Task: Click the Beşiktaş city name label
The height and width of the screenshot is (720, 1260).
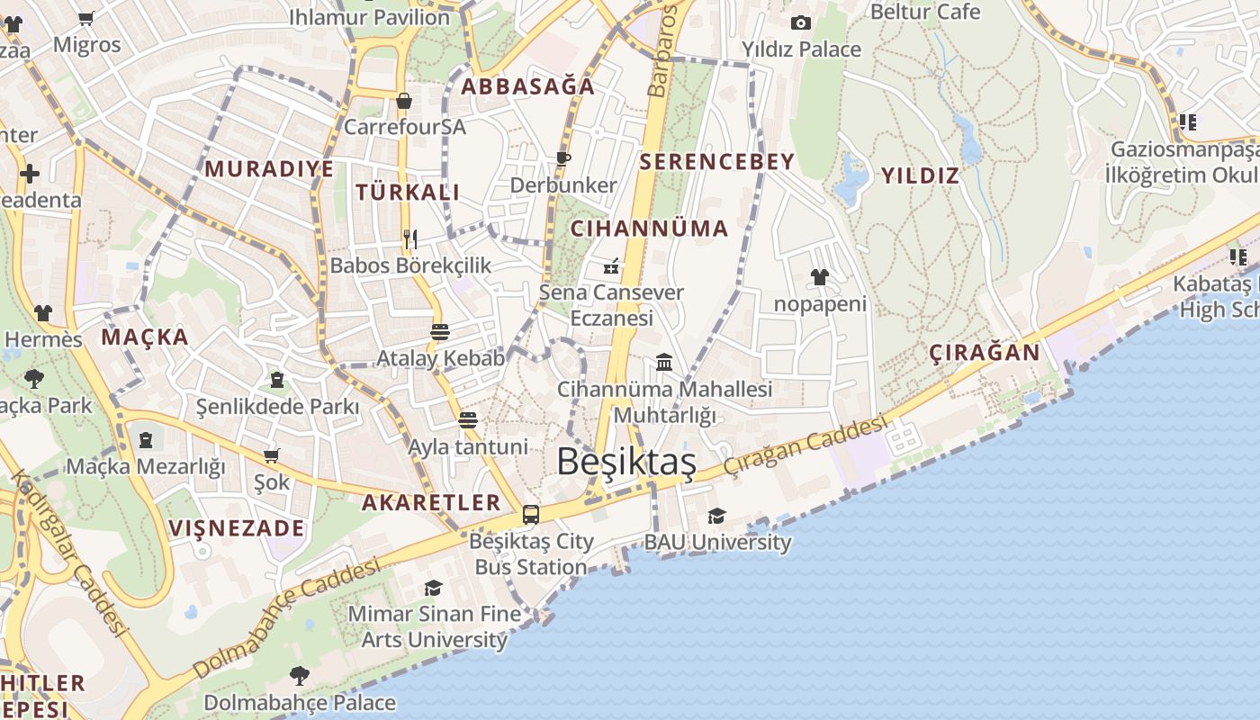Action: click(626, 462)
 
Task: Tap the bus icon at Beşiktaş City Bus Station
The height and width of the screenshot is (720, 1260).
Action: click(531, 515)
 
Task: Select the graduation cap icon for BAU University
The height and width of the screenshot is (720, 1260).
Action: click(716, 516)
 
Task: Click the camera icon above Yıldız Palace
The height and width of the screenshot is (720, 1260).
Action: click(801, 22)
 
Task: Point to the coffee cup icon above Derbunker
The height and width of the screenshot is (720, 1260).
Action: click(562, 158)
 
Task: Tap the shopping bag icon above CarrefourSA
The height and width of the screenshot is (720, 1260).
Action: click(404, 100)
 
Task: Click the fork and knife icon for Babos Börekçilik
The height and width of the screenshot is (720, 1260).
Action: click(410, 238)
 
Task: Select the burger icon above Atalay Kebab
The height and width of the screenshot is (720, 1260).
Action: click(440, 331)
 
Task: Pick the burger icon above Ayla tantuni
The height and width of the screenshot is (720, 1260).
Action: click(467, 420)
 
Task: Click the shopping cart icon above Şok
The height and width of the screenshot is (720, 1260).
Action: click(271, 456)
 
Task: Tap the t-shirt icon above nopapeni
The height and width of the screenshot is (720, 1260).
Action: click(819, 277)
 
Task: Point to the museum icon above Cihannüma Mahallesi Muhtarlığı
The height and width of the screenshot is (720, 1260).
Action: click(664, 362)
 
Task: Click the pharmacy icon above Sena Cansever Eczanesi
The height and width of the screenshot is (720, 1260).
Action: click(611, 265)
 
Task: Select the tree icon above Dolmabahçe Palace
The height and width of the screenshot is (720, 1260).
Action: click(299, 675)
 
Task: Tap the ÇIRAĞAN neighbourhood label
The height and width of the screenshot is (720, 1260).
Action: click(985, 352)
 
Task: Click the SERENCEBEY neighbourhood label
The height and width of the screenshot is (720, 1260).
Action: click(716, 162)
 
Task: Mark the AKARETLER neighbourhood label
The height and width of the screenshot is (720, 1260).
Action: click(430, 503)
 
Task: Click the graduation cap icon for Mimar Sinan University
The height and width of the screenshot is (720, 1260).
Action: click(433, 588)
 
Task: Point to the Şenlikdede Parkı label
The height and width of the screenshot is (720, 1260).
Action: click(277, 407)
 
